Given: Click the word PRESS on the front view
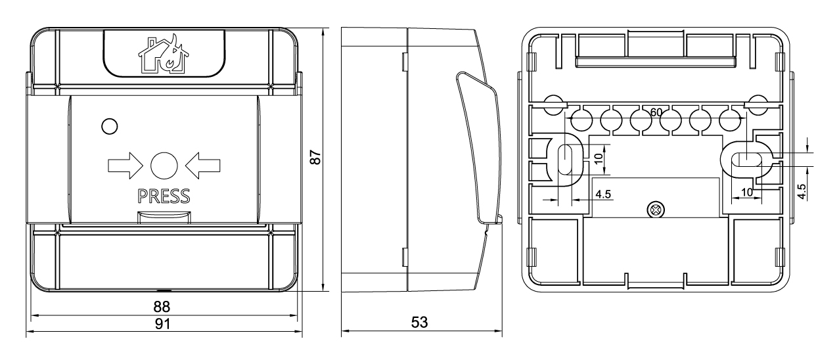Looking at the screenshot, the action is point(164,196).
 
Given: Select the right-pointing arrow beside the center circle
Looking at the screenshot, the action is point(125,166).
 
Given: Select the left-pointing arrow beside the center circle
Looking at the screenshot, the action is point(203,166).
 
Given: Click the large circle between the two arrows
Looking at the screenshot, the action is point(164,166).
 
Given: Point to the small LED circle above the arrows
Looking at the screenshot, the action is point(109,126).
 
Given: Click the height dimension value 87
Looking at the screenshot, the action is point(316,158).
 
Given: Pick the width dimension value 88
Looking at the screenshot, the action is point(162,307).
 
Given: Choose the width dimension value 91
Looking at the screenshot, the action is point(162,324).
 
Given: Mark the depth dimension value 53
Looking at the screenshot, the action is point(419,322).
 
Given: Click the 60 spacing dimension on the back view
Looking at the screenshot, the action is point(656,112).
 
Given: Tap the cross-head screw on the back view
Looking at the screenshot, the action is point(656,210).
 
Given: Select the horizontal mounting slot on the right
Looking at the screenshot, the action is point(747,159).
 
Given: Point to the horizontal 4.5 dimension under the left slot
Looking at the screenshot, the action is point(603,194).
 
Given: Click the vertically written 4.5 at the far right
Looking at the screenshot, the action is point(802,191).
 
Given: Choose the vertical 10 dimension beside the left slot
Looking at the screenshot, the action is point(598,158).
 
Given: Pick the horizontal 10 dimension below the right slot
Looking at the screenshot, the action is point(747,192).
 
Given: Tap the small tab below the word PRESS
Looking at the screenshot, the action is point(164,217).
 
